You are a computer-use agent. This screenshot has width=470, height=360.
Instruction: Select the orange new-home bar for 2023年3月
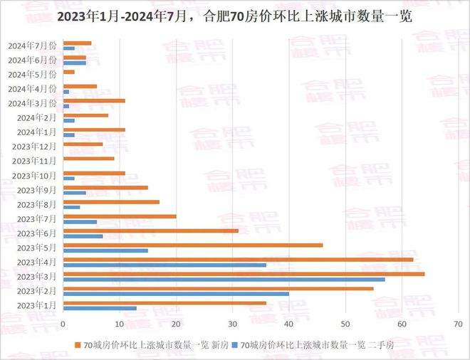244,274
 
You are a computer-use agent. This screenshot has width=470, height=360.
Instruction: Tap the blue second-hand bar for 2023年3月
224,279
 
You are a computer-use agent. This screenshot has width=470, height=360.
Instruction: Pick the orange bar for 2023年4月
238,259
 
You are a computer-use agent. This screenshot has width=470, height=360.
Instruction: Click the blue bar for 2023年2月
176,293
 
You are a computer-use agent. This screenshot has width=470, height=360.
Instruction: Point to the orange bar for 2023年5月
193,245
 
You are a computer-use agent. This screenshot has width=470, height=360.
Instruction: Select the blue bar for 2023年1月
100,308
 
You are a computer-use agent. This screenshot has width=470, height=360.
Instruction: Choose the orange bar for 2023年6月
151,231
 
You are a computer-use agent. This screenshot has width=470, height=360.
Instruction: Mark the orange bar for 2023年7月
120,216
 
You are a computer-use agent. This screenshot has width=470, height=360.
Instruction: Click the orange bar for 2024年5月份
69,72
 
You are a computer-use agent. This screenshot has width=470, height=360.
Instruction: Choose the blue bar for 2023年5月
105,250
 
